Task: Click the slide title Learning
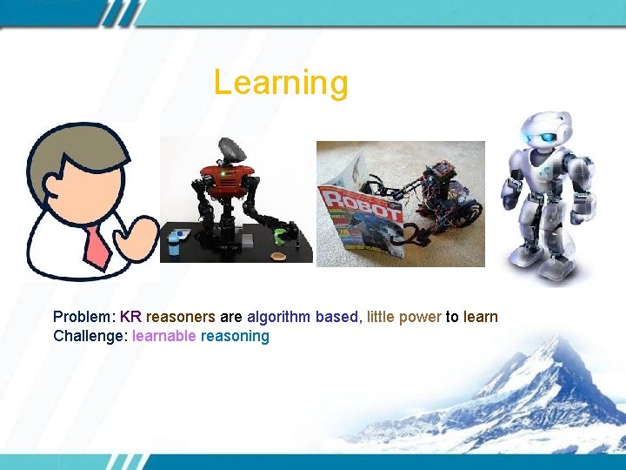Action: pyautogui.click(x=281, y=83)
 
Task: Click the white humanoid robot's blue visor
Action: pyautogui.click(x=543, y=137)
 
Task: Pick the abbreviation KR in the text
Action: pyautogui.click(x=130, y=317)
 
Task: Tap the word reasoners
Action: pyautogui.click(x=180, y=317)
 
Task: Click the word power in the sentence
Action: pyautogui.click(x=420, y=317)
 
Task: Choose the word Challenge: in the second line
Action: pyautogui.click(x=90, y=336)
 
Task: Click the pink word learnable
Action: pyautogui.click(x=163, y=336)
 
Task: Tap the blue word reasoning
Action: pyautogui.click(x=235, y=336)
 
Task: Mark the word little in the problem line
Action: pyautogui.click(x=380, y=317)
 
